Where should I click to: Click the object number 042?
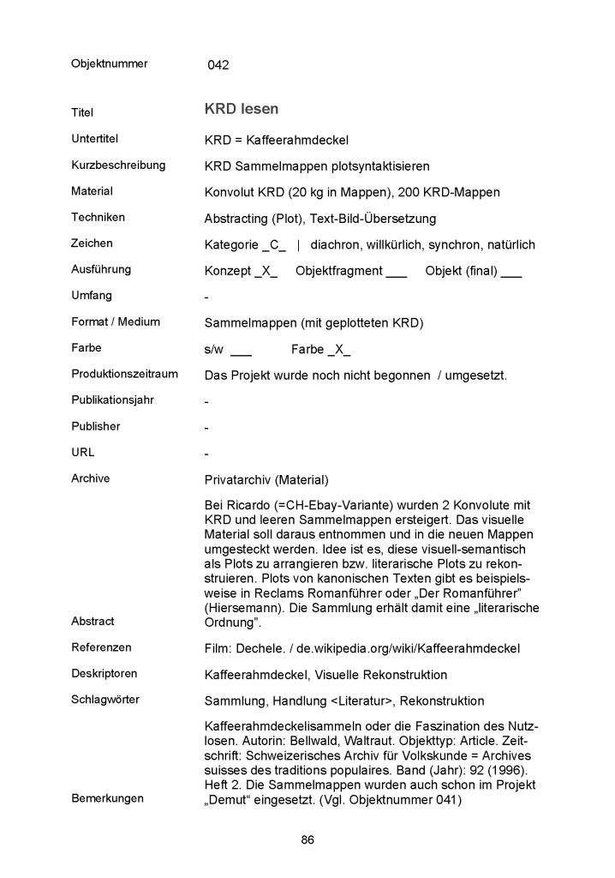pyautogui.click(x=218, y=65)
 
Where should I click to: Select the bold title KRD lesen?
pyautogui.click(x=241, y=110)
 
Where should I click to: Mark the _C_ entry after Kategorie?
pyautogui.click(x=276, y=245)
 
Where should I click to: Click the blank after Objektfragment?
pyautogui.click(x=397, y=272)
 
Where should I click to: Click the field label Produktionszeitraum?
pyautogui.click(x=124, y=374)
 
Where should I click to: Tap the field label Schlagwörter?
pyautogui.click(x=104, y=700)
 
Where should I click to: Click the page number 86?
pyautogui.click(x=307, y=839)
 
